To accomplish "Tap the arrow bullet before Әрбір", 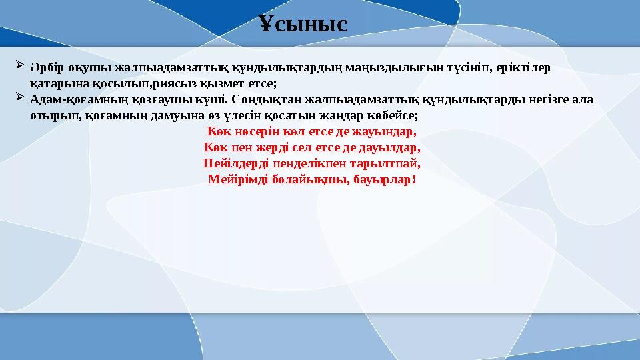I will click(19, 67).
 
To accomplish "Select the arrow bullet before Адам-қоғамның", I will click(19, 99).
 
